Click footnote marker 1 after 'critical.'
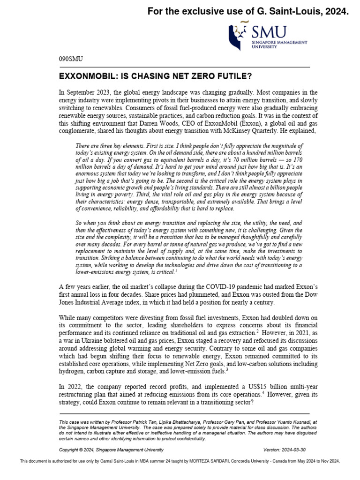(x=176, y=270)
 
